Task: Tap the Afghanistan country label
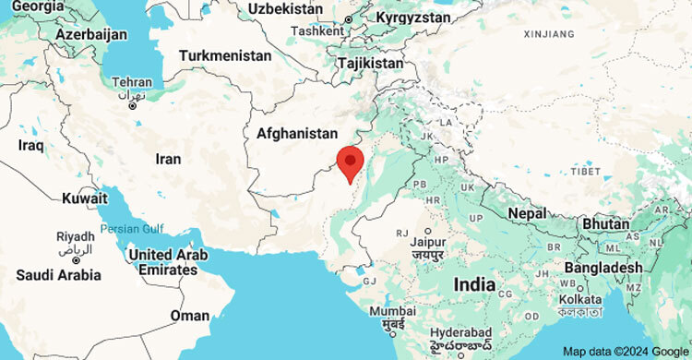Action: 297,134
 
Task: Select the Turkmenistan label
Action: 226,55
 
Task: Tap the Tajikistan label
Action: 369,63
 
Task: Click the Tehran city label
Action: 131,82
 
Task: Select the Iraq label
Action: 30,146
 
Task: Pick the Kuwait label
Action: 85,198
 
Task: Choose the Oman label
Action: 190,316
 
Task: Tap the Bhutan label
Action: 605,223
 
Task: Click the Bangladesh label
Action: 604,268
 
